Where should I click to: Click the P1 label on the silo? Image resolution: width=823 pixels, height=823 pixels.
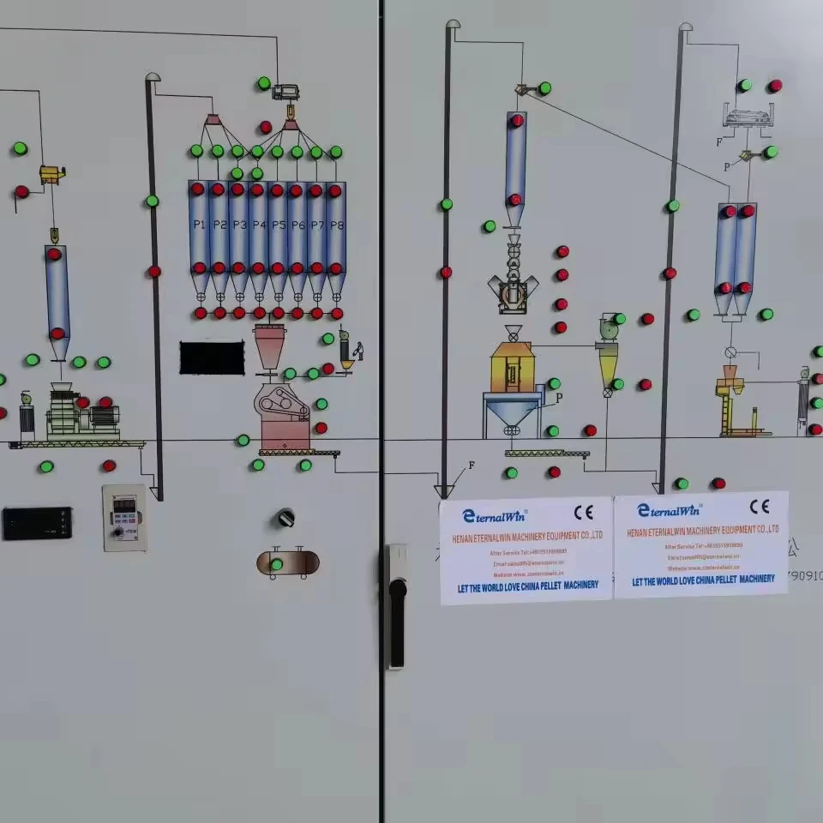tap(199, 225)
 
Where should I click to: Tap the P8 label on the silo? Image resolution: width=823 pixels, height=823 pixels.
tap(337, 225)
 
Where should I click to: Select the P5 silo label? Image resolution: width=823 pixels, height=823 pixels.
tap(278, 225)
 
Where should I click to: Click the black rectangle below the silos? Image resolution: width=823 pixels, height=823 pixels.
tap(212, 357)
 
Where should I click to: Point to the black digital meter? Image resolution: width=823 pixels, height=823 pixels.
tap(37, 523)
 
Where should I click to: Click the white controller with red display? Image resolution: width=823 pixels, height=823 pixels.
tap(124, 517)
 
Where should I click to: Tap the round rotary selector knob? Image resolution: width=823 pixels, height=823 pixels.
tap(285, 518)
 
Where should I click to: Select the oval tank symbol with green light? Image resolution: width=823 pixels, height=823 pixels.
tap(287, 563)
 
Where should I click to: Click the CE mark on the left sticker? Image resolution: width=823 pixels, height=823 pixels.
tap(583, 513)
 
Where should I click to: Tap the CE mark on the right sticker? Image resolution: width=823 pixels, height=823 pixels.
tap(759, 507)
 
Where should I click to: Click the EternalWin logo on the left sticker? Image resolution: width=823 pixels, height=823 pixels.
tap(495, 515)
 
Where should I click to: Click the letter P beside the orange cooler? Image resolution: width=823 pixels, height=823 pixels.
tap(559, 398)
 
